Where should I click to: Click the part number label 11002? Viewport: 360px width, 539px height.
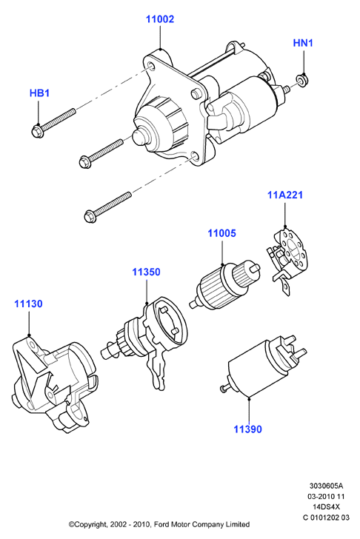[160, 19]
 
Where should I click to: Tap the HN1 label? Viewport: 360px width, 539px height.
[303, 43]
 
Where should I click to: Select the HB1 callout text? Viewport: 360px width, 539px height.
[39, 93]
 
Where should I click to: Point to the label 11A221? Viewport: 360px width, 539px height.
[285, 195]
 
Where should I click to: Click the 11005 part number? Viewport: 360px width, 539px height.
[221, 233]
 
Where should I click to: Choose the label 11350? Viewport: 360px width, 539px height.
[146, 272]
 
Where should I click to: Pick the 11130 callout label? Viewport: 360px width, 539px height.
[28, 304]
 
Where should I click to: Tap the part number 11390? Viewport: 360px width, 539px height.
[247, 429]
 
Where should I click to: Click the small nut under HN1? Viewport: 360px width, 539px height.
[302, 81]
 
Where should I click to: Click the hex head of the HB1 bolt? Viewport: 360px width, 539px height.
[37, 131]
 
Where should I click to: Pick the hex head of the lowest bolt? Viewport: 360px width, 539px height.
[90, 216]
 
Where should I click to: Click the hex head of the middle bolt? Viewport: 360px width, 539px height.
[85, 162]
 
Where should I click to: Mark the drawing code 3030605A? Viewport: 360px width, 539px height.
[326, 486]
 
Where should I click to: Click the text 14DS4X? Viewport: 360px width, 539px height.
[326, 506]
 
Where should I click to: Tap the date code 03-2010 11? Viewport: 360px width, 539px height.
[326, 496]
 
